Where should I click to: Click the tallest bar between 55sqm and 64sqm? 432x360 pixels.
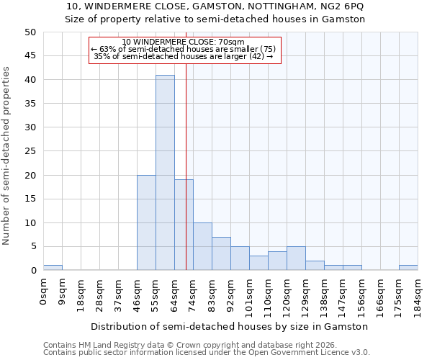pyautogui.click(x=165, y=173)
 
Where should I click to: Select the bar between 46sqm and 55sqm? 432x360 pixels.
pyautogui.click(x=146, y=222)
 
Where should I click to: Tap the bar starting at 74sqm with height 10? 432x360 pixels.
pyautogui.click(x=202, y=246)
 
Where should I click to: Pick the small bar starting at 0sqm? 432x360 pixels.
pyautogui.click(x=53, y=268)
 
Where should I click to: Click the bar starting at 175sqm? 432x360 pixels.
pyautogui.click(x=408, y=268)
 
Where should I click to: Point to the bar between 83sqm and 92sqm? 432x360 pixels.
pyautogui.click(x=221, y=253)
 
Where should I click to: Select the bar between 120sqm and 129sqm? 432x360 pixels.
pyautogui.click(x=296, y=258)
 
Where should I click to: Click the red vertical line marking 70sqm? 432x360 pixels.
pyautogui.click(x=186, y=144)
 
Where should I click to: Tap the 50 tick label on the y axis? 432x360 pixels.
pyautogui.click(x=30, y=32)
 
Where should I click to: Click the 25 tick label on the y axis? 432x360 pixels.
pyautogui.click(x=30, y=151)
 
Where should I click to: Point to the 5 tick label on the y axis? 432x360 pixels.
pyautogui.click(x=33, y=247)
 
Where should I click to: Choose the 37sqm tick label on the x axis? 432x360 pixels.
pyautogui.click(x=119, y=292)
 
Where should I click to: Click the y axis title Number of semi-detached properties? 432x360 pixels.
pyautogui.click(x=7, y=156)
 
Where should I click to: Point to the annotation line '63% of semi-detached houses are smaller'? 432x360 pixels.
pyautogui.click(x=183, y=49)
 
